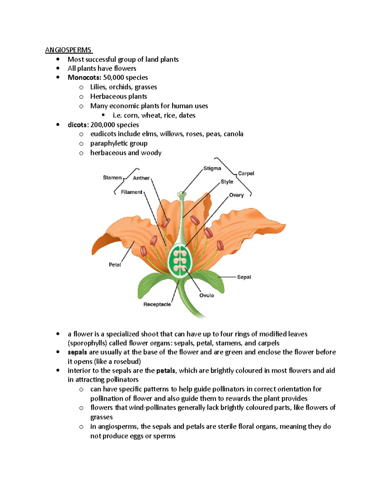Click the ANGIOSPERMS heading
click(x=68, y=50)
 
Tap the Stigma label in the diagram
click(x=212, y=168)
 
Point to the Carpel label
click(x=246, y=173)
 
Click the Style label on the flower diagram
click(x=227, y=182)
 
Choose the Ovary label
click(x=236, y=195)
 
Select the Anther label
click(x=141, y=178)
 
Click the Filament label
click(x=132, y=192)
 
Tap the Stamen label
click(x=112, y=178)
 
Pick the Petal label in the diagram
click(x=115, y=265)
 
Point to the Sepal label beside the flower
click(x=244, y=277)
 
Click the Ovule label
click(x=206, y=295)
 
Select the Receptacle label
click(x=157, y=304)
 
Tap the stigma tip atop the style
click(x=182, y=193)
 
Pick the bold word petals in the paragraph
click(x=165, y=371)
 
